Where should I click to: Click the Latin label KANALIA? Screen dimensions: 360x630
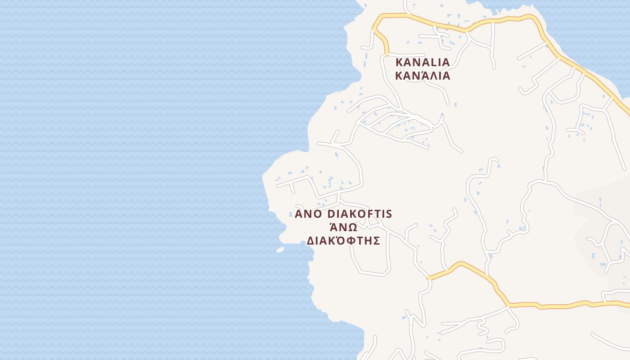pyautogui.click(x=423, y=62)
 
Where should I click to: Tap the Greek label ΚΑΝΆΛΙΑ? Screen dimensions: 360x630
pyautogui.click(x=423, y=75)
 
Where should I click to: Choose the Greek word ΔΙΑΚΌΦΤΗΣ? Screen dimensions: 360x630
pyautogui.click(x=343, y=240)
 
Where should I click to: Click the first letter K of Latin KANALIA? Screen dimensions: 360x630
pyautogui.click(x=399, y=62)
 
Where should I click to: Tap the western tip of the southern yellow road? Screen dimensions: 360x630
pyautogui.click(x=429, y=278)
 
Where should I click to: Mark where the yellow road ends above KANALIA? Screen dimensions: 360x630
pyautogui.click(x=386, y=53)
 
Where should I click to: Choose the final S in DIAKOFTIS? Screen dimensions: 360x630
pyautogui.click(x=389, y=214)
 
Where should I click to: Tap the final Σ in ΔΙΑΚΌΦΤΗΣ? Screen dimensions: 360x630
pyautogui.click(x=377, y=241)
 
